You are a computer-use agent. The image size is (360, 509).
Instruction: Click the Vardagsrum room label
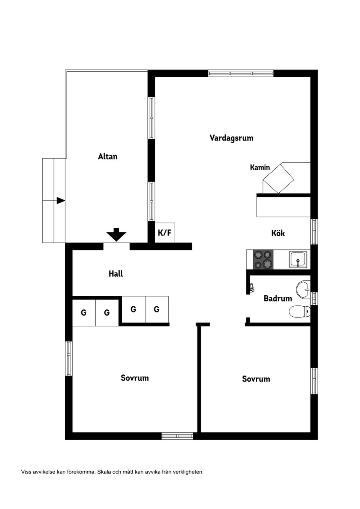(231, 138)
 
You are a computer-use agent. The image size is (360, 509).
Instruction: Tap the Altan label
(108, 157)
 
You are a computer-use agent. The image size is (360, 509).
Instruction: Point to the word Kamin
(260, 168)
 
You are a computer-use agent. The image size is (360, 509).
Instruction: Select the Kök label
(278, 233)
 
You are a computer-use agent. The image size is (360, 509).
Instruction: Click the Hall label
(115, 274)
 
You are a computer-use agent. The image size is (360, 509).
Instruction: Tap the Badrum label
(278, 298)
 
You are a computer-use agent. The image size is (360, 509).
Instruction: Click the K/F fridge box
(165, 233)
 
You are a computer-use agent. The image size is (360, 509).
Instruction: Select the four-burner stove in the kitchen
(263, 259)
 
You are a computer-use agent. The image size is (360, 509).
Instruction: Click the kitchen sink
(298, 259)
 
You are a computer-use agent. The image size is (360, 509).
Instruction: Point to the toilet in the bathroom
(300, 311)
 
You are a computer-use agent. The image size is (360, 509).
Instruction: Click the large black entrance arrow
(116, 235)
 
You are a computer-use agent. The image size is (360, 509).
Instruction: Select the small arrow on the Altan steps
(61, 201)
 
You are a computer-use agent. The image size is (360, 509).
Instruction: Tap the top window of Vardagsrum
(241, 73)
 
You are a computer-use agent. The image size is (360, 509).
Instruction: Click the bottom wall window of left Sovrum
(177, 436)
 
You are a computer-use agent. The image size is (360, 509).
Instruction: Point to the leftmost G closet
(84, 313)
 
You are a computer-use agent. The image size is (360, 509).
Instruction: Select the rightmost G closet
(157, 309)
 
